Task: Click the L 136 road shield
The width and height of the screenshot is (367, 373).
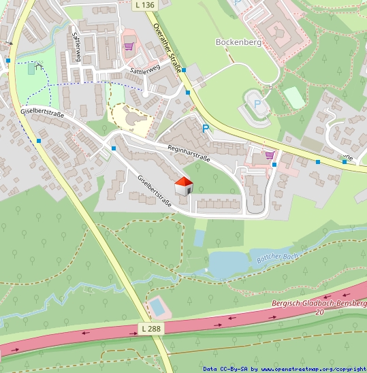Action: pyautogui.click(x=146, y=5)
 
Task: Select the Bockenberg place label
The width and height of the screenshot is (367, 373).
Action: pyautogui.click(x=238, y=42)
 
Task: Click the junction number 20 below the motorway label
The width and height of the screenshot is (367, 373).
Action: pyautogui.click(x=319, y=312)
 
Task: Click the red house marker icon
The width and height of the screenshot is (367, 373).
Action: pyautogui.click(x=184, y=186)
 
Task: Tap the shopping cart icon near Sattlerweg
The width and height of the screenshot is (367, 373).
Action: pyautogui.click(x=129, y=46)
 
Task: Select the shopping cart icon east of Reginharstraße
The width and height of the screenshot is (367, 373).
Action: pyautogui.click(x=270, y=155)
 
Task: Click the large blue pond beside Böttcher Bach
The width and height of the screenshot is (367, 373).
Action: pyautogui.click(x=228, y=263)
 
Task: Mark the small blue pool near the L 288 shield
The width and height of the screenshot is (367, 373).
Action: pyautogui.click(x=157, y=306)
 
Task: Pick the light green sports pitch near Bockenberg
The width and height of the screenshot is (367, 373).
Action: pyautogui.click(x=294, y=97)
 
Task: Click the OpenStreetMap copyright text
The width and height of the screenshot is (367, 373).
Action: pyautogui.click(x=285, y=368)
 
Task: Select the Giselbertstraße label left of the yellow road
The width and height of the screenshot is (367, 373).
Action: pyautogui.click(x=42, y=112)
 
